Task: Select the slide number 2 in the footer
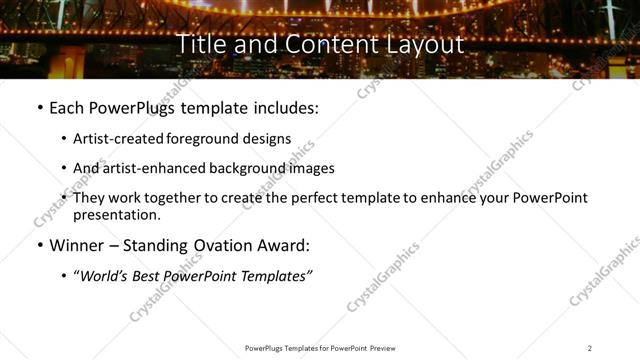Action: pos(590,347)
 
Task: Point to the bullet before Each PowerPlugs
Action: pos(39,107)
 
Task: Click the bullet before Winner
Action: pos(39,244)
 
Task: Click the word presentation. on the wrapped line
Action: pos(116,214)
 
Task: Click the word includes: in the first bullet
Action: pos(284,107)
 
